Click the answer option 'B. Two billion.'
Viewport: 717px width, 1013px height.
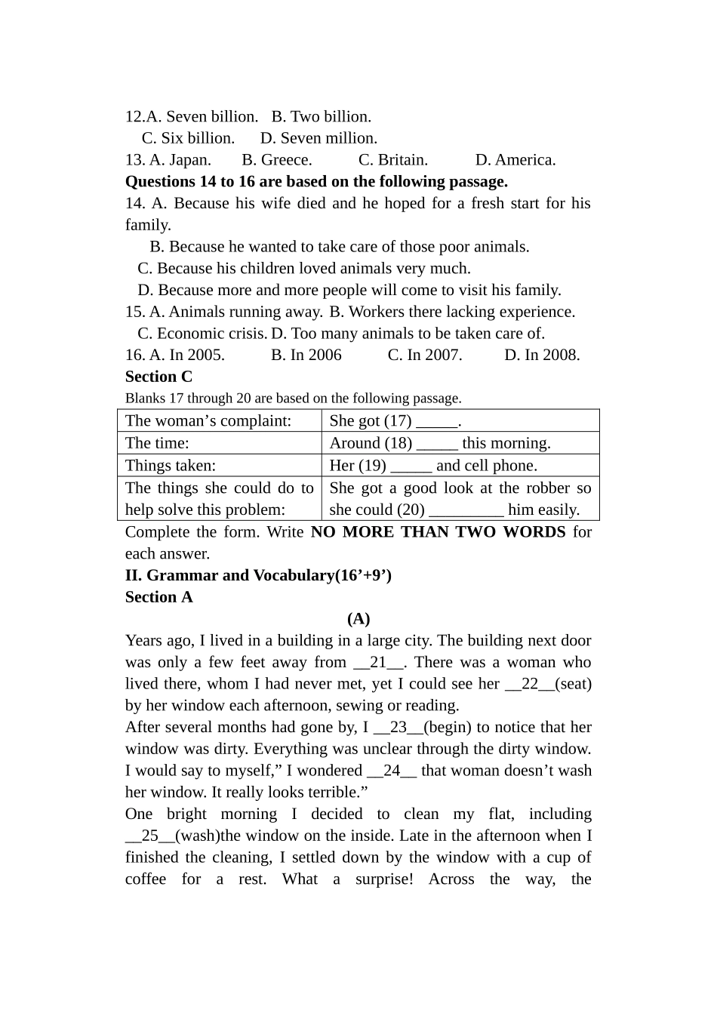tap(321, 117)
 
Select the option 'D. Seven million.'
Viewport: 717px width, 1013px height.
tap(318, 138)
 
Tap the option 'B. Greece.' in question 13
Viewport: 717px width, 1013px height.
tap(276, 160)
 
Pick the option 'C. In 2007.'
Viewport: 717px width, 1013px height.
tap(424, 356)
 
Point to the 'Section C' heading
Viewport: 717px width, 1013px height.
tap(158, 377)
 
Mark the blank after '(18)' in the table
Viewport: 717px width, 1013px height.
tap(437, 445)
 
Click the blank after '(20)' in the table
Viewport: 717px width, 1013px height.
tap(466, 511)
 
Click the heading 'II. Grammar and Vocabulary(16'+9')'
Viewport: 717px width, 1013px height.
tap(258, 575)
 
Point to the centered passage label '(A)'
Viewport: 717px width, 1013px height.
tap(358, 619)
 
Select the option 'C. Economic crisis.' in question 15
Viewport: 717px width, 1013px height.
tap(202, 334)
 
